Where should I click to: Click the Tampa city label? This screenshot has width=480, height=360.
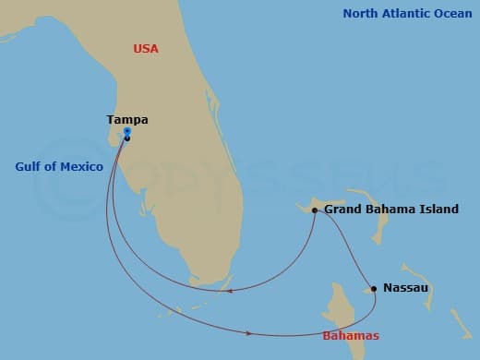(127, 119)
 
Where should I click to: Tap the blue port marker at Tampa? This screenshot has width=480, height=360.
(126, 133)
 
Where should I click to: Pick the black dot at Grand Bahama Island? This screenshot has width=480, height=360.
(315, 210)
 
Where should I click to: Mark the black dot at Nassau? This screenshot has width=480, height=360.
(374, 289)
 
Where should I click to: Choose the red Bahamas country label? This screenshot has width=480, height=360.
(349, 335)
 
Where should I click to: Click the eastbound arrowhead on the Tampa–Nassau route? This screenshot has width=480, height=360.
(250, 332)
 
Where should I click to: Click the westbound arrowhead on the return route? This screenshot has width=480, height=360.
(227, 291)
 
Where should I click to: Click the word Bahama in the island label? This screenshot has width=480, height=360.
(390, 210)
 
